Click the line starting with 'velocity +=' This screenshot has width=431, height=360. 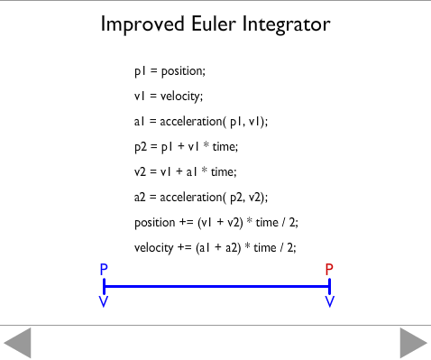point(215,247)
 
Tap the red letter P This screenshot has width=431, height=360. point(329,269)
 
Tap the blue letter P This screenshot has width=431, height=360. point(105,269)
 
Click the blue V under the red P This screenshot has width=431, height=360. point(330,301)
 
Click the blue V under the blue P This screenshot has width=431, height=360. point(105,301)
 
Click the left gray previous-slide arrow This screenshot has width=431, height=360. point(18,343)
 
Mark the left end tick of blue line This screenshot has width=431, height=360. point(105,286)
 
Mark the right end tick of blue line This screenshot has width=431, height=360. point(330,286)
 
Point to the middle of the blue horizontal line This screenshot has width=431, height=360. point(217,286)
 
